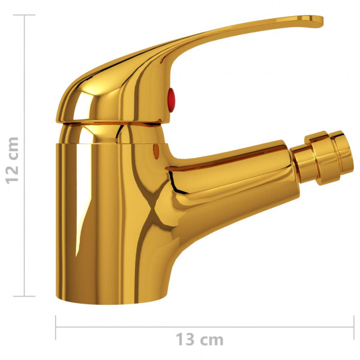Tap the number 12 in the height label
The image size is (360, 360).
click(11, 172)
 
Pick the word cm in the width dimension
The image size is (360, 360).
click(211, 340)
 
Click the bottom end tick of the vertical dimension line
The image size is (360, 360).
click(25, 295)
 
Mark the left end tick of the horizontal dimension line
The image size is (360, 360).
click(56, 328)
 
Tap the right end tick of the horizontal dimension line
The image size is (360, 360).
click(353, 328)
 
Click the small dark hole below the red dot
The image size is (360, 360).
click(158, 148)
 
